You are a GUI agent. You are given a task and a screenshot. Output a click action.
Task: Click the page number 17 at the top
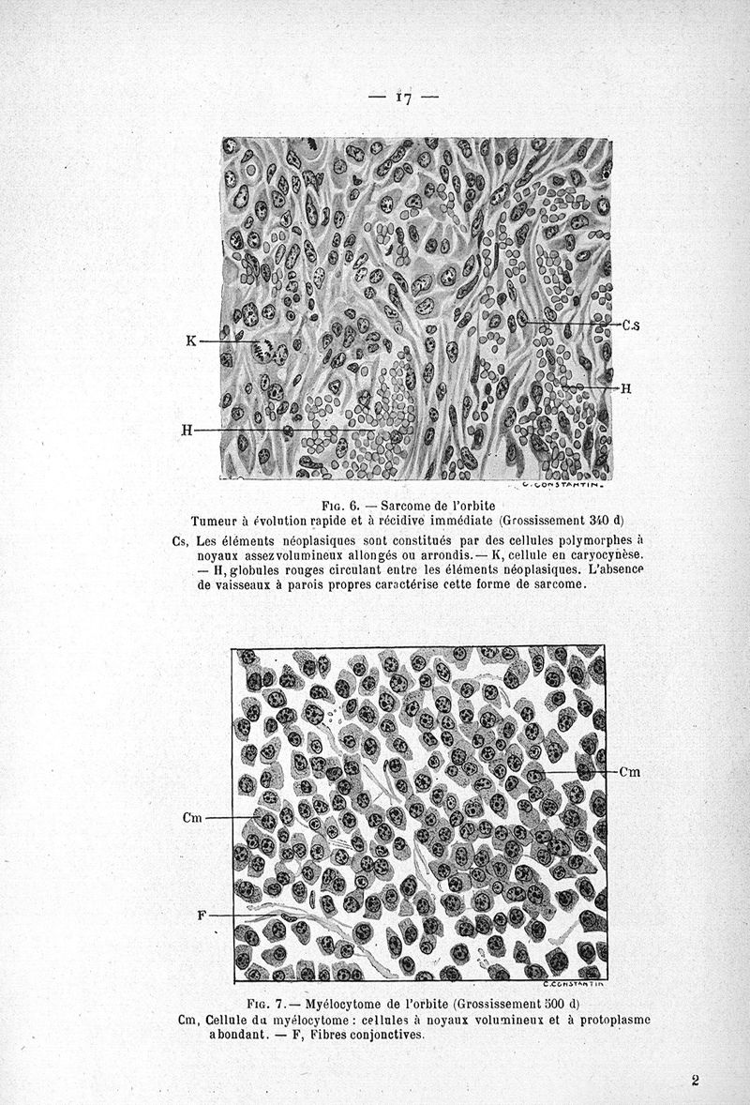point(404,97)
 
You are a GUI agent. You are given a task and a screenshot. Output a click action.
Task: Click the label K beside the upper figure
point(191,341)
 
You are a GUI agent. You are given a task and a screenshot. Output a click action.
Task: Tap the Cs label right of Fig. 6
point(631,325)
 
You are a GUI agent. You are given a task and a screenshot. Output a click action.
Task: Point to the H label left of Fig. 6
point(187,431)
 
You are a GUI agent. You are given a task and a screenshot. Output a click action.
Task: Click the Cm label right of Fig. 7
point(630,772)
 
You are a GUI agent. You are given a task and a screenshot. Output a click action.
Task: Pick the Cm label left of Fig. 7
point(192,818)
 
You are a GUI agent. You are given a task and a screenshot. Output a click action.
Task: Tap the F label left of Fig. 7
point(201,915)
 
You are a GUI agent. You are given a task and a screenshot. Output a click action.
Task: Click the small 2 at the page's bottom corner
point(696,1080)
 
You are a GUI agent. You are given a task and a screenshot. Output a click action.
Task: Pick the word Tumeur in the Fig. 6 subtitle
point(216,521)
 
